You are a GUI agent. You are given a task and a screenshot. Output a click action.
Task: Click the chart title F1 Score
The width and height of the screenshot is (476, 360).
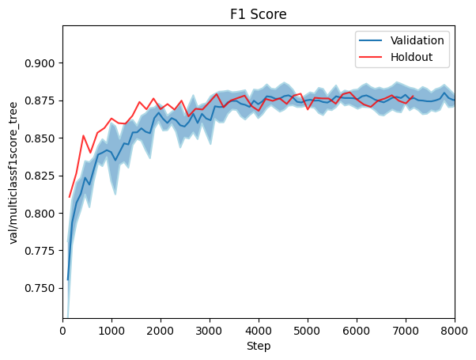click(259, 14)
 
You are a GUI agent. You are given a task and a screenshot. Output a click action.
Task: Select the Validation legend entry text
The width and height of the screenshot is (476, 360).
click(417, 40)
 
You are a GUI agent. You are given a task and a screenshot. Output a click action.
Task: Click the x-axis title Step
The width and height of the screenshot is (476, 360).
click(259, 347)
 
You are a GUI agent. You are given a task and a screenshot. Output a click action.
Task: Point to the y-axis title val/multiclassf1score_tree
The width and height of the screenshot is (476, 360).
click(14, 172)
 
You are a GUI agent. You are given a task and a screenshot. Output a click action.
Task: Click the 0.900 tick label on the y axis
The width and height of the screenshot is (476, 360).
click(41, 63)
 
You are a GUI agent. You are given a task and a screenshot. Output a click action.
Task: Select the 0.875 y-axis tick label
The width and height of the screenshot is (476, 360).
click(41, 100)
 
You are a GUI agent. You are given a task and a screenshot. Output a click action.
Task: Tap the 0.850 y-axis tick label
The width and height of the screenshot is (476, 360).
click(41, 138)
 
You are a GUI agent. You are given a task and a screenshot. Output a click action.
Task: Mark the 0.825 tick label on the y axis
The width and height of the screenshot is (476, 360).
click(41, 176)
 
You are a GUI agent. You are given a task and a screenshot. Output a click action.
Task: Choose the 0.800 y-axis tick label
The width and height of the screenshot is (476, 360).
click(41, 214)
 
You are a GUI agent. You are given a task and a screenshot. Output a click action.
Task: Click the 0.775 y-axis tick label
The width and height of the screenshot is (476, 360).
click(41, 251)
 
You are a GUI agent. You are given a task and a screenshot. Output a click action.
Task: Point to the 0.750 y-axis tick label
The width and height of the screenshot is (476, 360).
click(41, 289)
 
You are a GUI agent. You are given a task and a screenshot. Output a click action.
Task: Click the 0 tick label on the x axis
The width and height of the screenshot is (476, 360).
click(63, 330)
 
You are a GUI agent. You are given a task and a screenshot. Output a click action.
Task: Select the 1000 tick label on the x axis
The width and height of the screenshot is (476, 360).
click(112, 330)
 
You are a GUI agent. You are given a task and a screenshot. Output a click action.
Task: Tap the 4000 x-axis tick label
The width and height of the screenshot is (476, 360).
click(259, 330)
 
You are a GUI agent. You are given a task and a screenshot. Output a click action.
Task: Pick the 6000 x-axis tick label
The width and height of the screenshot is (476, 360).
click(357, 330)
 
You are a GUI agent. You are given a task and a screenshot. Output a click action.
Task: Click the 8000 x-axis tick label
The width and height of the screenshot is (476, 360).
click(454, 330)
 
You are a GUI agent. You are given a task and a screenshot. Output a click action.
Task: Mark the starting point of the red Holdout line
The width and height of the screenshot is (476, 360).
click(70, 197)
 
